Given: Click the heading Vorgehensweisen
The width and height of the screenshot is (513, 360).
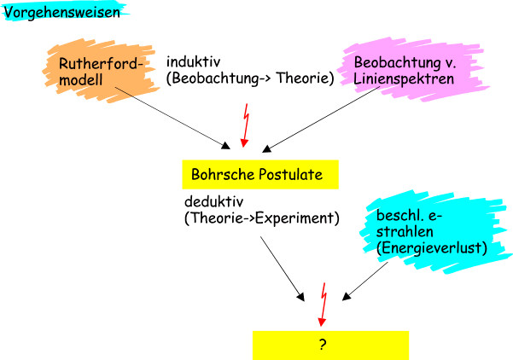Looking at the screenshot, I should tap(61, 13).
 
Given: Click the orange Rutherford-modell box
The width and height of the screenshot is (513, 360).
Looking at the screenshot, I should tap(93, 70).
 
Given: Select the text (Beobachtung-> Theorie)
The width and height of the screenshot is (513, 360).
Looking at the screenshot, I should tap(249, 78).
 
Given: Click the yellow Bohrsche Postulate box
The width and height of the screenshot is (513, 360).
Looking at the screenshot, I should tap(259, 174).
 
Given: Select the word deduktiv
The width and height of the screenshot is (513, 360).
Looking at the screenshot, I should tap(213, 202).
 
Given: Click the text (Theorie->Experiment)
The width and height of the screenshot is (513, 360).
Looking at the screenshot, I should tap(261, 218).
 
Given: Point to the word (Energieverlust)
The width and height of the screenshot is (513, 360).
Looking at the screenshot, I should tap(432, 248).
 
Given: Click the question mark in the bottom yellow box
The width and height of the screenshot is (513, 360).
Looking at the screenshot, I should tap(323, 345).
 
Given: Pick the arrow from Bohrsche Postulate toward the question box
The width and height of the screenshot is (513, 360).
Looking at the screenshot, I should tap(283, 269).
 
